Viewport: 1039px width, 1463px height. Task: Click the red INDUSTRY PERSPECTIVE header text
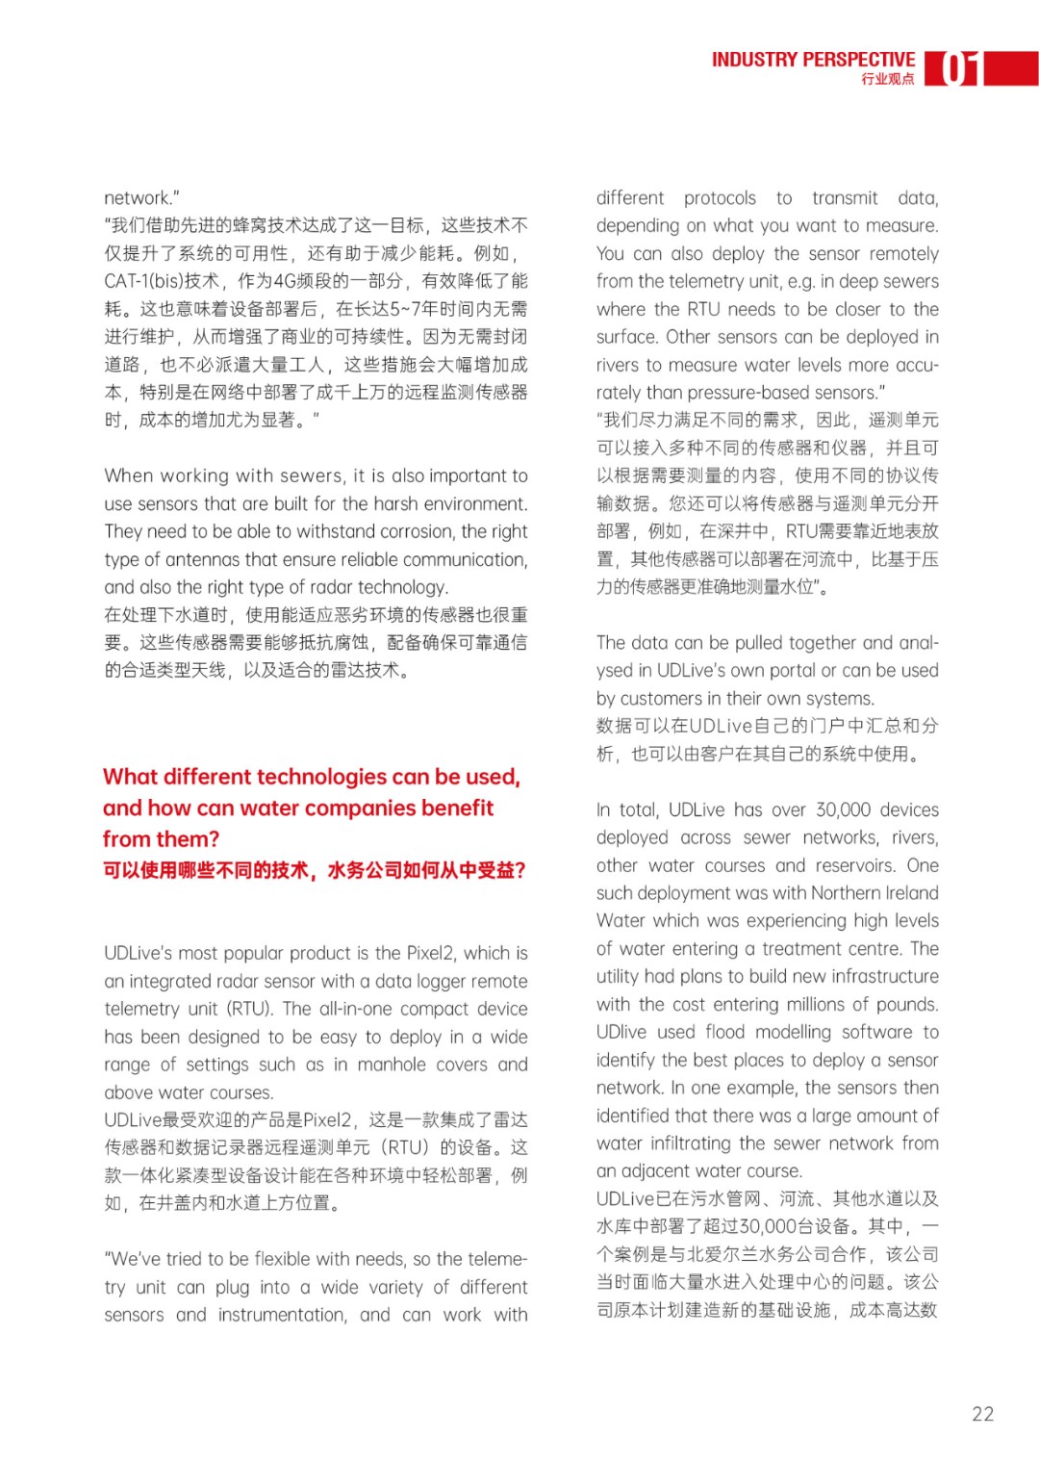(813, 60)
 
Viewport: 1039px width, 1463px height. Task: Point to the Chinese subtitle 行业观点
(887, 80)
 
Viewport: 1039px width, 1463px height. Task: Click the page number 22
(982, 1414)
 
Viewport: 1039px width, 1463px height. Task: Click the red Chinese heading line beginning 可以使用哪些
(314, 870)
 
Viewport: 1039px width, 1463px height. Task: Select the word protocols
(720, 198)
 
